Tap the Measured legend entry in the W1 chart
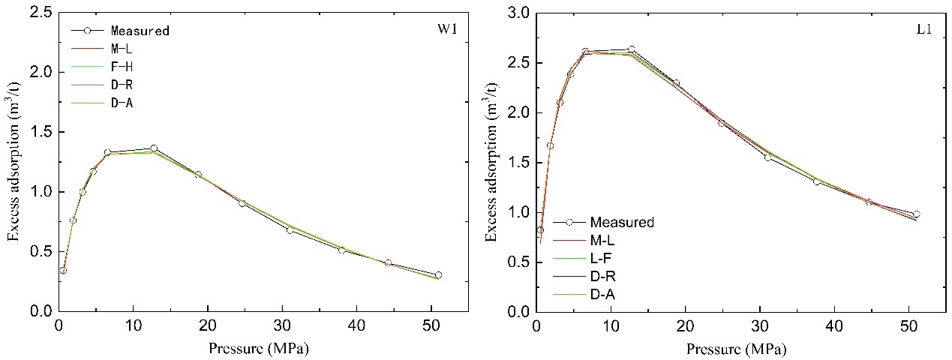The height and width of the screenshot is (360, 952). (140, 31)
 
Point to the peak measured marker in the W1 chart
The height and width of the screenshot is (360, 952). (154, 148)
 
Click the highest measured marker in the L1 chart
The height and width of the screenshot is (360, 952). (631, 49)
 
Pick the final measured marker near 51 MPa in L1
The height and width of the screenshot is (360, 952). (916, 214)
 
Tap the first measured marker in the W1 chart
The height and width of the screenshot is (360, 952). (63, 270)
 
